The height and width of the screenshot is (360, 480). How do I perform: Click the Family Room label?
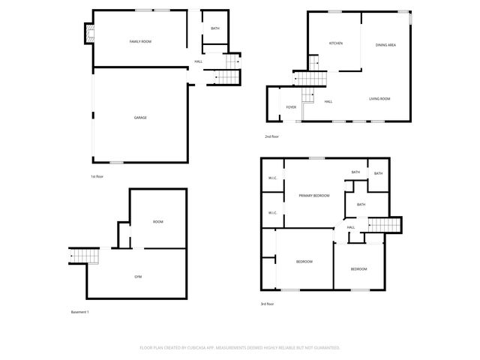point(140,41)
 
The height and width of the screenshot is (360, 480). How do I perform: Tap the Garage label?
point(140,118)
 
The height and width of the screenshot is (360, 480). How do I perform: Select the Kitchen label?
point(335,43)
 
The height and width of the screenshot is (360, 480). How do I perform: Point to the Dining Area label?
point(385,46)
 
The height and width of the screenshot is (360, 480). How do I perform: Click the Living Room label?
point(379,99)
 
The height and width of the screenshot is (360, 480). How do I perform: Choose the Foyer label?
point(291,107)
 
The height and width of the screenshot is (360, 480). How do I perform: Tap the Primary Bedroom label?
point(314,196)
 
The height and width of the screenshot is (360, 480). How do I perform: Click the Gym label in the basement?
point(138,277)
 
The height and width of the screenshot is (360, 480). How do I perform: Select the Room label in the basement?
point(158,222)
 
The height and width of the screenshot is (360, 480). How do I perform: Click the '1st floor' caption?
point(97,175)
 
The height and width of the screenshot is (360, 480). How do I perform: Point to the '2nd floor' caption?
point(271,136)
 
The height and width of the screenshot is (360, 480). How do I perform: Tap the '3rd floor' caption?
point(267,304)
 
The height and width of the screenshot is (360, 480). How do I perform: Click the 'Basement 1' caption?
point(79,312)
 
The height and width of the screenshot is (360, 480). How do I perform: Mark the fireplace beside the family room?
point(89,34)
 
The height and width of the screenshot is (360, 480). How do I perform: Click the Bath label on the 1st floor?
point(215,28)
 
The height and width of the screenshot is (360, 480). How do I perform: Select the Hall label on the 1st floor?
point(199,61)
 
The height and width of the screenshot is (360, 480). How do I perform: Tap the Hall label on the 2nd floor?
point(328,101)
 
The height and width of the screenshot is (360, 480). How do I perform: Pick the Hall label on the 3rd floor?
point(351,227)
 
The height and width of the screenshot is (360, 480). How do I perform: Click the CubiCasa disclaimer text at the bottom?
point(240,348)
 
